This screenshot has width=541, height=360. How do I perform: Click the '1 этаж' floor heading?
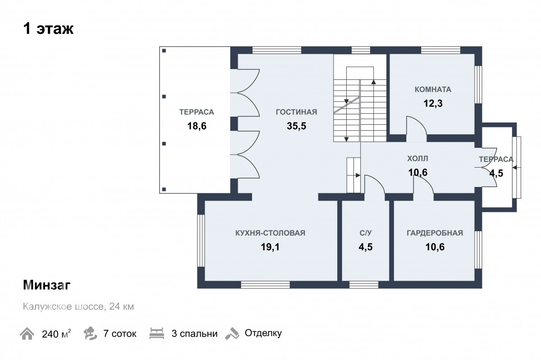(x=48, y=29)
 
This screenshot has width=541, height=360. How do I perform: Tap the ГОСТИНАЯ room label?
(x=296, y=112)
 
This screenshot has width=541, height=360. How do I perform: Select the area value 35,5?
(x=296, y=126)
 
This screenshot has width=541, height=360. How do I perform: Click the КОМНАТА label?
(x=433, y=89)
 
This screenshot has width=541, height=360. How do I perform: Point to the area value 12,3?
(x=433, y=103)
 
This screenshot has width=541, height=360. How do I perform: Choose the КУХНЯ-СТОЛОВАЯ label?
(x=270, y=233)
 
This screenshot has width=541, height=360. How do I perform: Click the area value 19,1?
(x=270, y=247)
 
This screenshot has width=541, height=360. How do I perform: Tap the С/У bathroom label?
(x=366, y=233)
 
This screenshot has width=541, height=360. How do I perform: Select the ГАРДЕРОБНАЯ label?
(x=435, y=233)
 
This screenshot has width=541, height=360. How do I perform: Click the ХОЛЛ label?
(x=417, y=159)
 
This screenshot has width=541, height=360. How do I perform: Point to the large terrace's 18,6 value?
(x=197, y=126)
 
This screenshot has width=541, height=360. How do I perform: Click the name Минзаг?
(x=46, y=285)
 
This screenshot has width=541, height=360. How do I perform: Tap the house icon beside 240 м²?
(x=27, y=333)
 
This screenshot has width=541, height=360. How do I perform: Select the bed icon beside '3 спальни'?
(x=157, y=333)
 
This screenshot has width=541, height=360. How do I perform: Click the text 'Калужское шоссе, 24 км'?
(x=78, y=306)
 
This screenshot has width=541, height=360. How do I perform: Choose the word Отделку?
(x=263, y=333)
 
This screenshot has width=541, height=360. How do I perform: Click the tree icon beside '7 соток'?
(x=90, y=333)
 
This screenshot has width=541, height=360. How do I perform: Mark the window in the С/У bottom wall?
(x=364, y=285)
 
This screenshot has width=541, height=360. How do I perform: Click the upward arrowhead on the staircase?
(x=374, y=82)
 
